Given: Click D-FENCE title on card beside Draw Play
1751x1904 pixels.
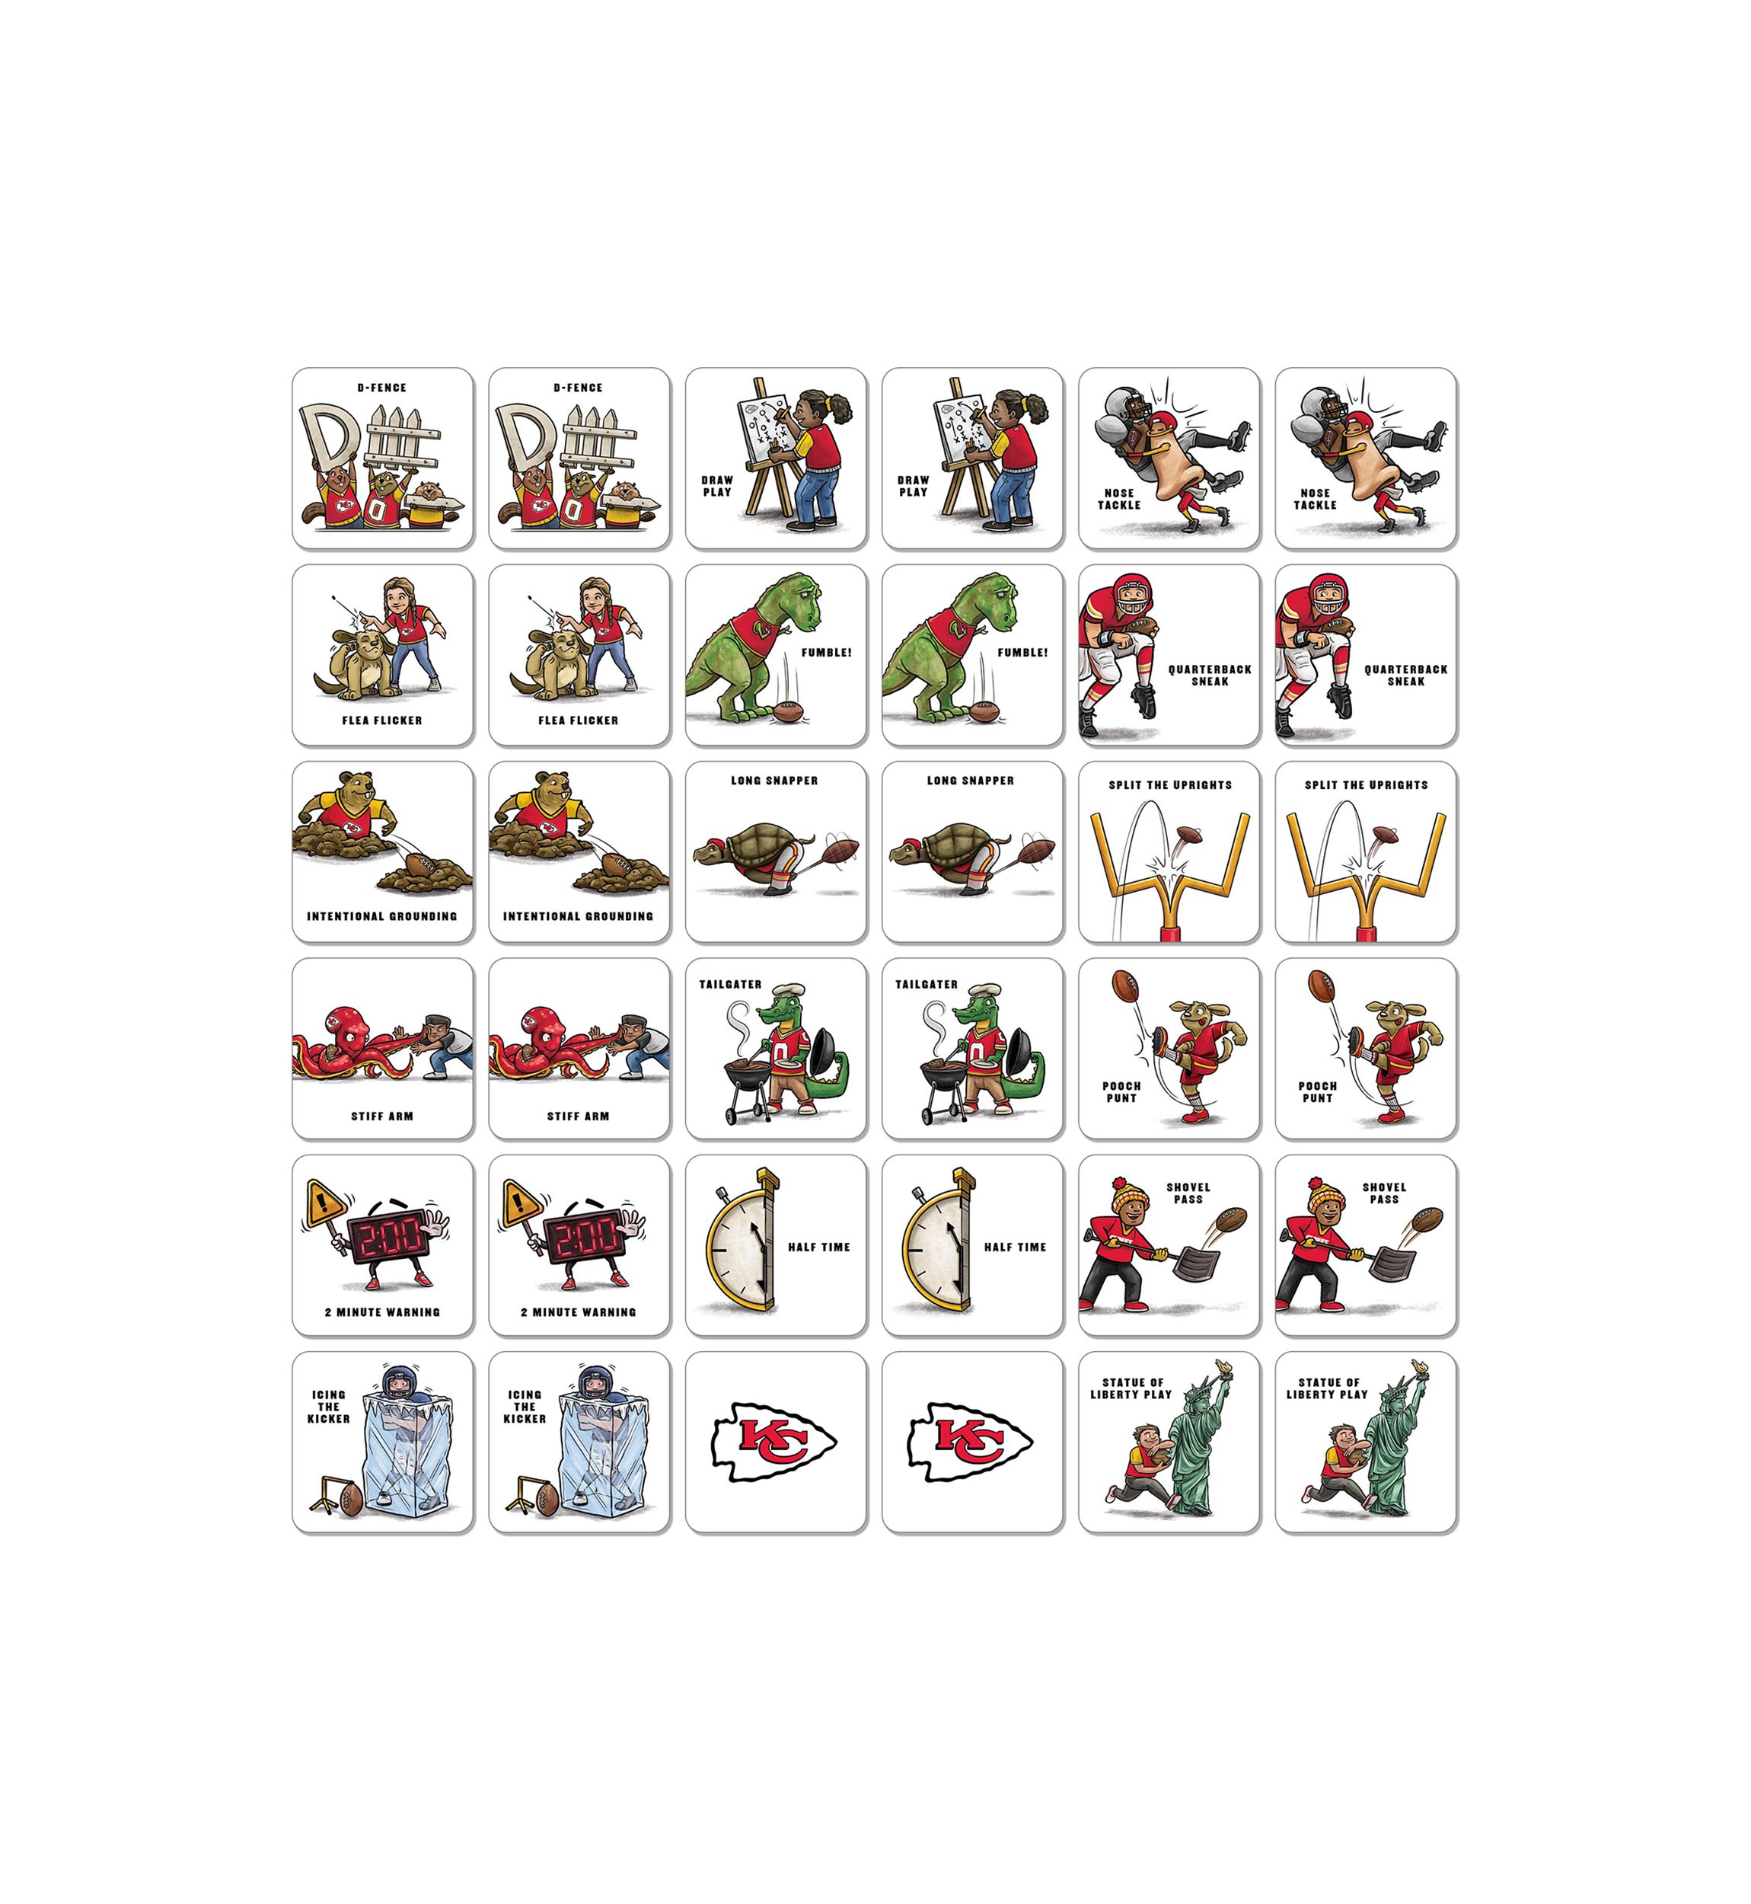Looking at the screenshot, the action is [x=578, y=388].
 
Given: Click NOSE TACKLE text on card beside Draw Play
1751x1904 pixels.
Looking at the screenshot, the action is [x=1119, y=500].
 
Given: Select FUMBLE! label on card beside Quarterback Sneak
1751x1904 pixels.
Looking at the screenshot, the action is [x=1022, y=653].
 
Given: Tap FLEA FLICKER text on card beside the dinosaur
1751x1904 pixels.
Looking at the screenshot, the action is [x=578, y=720].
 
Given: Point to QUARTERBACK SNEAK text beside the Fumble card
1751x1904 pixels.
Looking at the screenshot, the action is [x=1210, y=675].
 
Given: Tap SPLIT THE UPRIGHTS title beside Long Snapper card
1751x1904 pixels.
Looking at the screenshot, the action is [x=1170, y=784].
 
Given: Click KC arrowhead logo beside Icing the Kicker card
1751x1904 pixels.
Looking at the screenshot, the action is [x=774, y=1442].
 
